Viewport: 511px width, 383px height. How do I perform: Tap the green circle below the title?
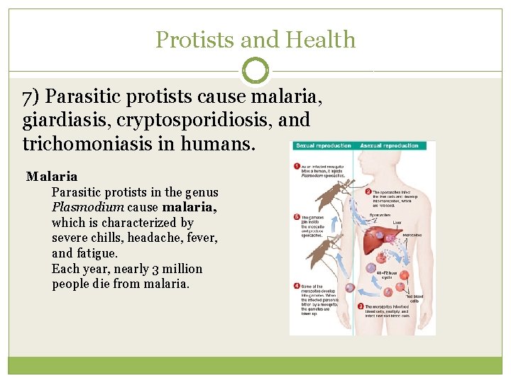(255, 71)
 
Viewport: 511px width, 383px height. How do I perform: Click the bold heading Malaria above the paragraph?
(52, 176)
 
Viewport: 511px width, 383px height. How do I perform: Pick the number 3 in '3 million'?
(138, 269)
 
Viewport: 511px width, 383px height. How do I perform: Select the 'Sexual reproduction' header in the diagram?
(323, 145)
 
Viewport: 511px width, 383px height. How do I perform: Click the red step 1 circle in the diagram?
(297, 167)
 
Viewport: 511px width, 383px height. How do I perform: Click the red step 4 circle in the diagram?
(297, 286)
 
